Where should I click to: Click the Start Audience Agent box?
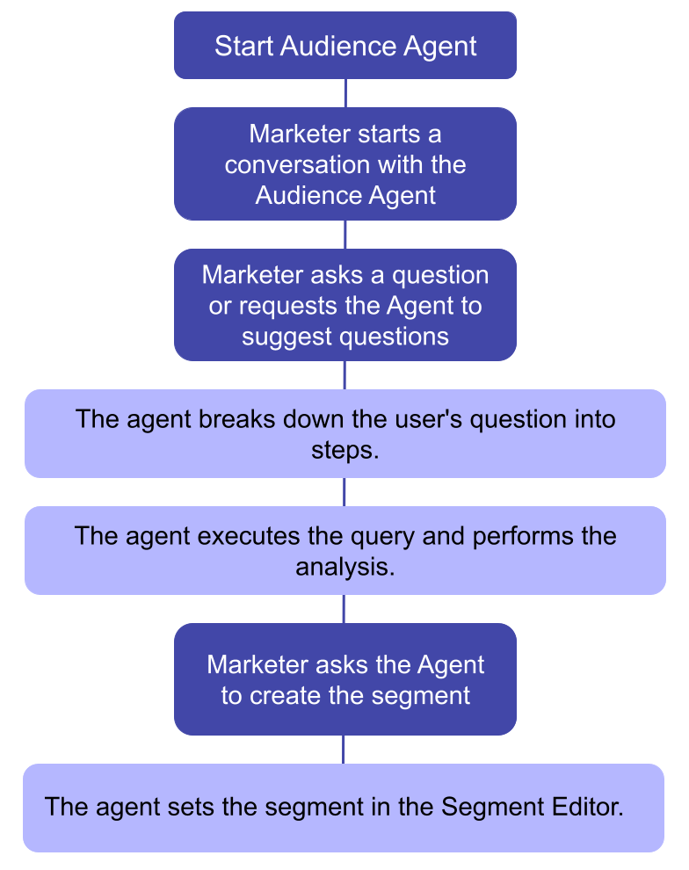[344, 46]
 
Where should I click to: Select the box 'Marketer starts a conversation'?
[344, 164]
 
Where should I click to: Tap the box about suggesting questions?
[344, 305]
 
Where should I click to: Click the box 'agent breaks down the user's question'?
[344, 433]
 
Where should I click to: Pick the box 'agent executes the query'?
[344, 550]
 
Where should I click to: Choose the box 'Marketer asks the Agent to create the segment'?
[344, 679]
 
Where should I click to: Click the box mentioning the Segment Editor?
[343, 807]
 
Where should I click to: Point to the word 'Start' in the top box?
[243, 46]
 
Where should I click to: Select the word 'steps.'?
[344, 449]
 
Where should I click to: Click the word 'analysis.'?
[344, 566]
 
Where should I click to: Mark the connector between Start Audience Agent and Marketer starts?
[344, 93]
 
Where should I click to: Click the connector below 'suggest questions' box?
[344, 375]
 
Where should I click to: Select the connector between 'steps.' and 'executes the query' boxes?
[344, 492]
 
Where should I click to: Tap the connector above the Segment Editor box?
[343, 750]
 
